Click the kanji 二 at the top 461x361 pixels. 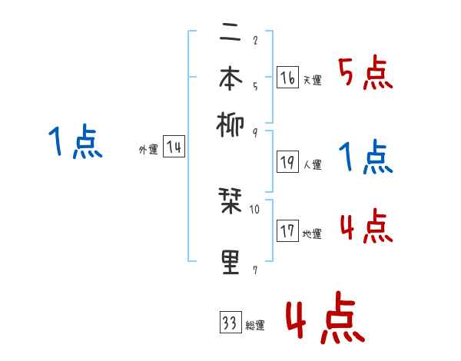(231, 35)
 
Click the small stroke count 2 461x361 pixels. (254, 40)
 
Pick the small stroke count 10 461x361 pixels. (255, 209)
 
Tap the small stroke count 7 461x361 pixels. (254, 270)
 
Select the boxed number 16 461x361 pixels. (287, 78)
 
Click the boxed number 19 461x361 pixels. (287, 161)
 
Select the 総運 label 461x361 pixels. (255, 326)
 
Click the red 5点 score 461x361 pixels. (364, 75)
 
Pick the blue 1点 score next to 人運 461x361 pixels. (366, 157)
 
